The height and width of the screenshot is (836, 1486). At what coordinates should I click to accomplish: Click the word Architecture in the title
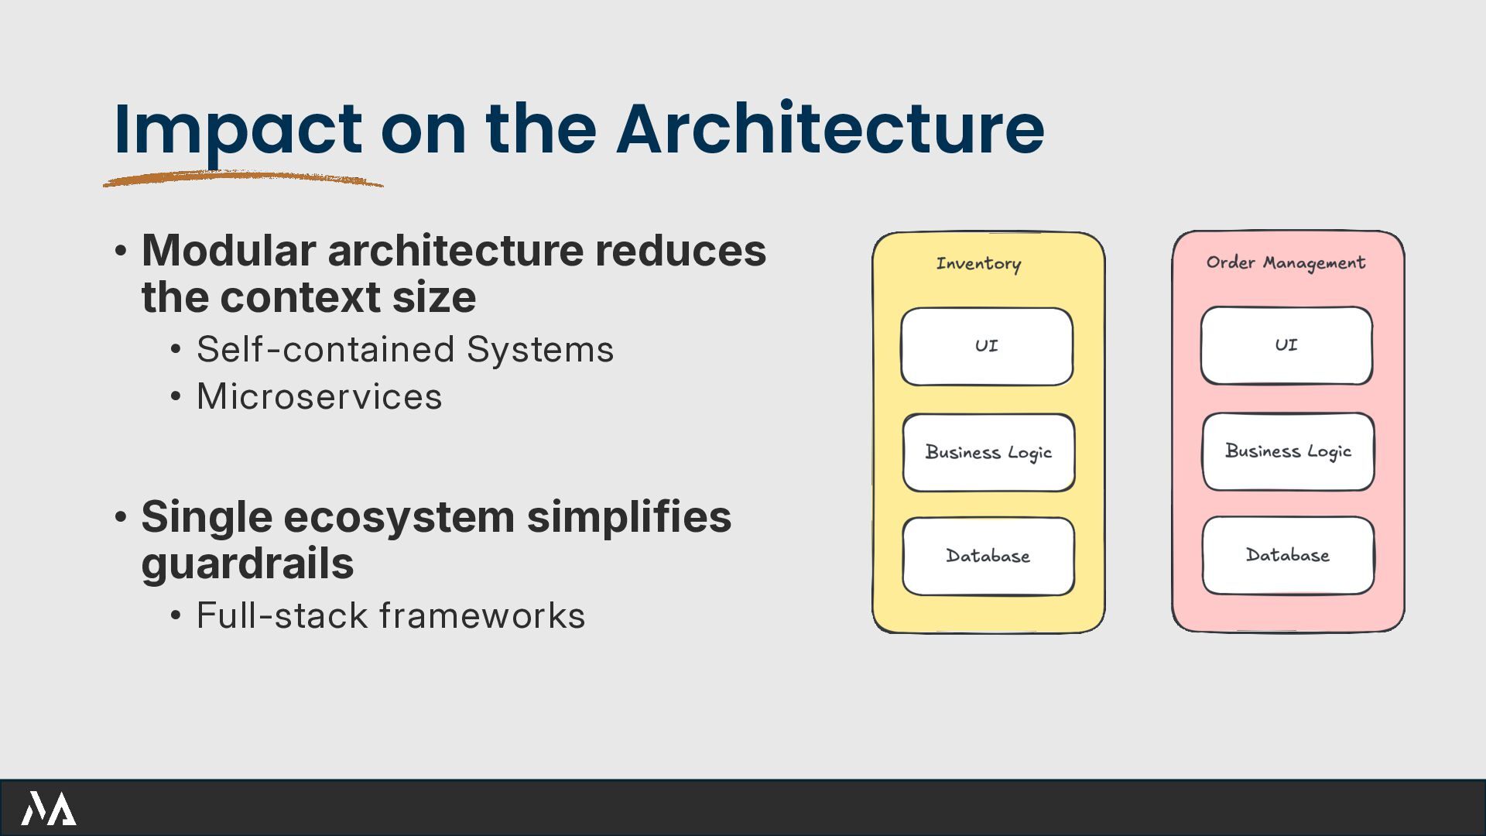point(830,128)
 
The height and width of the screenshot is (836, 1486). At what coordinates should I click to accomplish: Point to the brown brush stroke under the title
point(242,179)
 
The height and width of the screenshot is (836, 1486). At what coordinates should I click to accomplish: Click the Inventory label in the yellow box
point(978,263)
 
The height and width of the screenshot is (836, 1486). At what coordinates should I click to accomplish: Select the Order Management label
point(1286,262)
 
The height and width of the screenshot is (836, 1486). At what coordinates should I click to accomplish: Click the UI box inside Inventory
point(987,346)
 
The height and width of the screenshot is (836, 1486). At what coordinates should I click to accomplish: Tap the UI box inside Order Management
point(1286,345)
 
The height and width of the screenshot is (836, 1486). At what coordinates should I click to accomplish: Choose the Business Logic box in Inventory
point(988,452)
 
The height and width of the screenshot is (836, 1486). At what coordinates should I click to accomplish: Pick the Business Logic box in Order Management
point(1288,451)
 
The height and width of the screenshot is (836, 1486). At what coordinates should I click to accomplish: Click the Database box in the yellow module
point(988,556)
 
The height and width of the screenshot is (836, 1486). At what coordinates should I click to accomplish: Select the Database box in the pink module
point(1288,555)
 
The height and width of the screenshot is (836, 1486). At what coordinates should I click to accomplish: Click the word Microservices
point(319,396)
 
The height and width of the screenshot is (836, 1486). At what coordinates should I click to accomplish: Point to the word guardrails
point(248,563)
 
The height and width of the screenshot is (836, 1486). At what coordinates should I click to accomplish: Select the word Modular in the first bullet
point(228,250)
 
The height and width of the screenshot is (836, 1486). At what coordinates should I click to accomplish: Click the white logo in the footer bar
point(48,808)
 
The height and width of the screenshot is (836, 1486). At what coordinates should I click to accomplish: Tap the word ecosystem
point(399,516)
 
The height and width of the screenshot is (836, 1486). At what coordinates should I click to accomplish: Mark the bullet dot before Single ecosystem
point(121,516)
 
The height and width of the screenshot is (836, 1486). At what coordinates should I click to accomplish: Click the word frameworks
point(481,615)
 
